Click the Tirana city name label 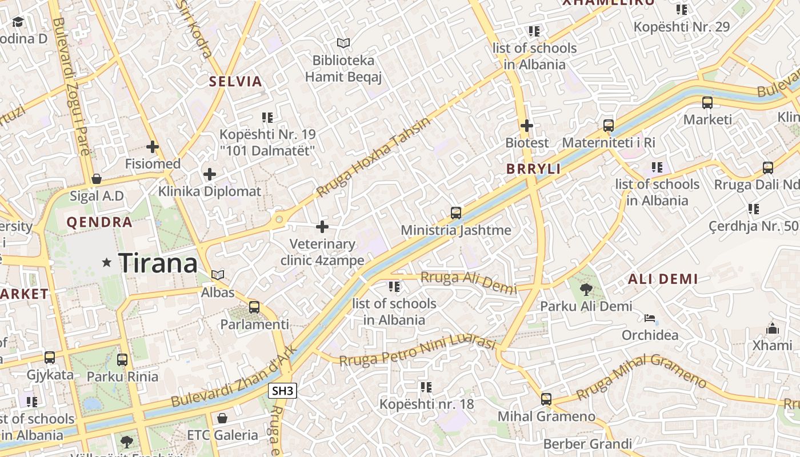tap(158, 263)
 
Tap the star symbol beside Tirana tap(106, 263)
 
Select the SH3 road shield tap(283, 391)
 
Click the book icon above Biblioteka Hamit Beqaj tap(343, 43)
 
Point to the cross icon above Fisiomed tap(153, 147)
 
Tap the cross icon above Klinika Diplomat tap(210, 174)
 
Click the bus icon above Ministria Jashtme tap(455, 213)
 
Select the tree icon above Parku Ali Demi tap(586, 289)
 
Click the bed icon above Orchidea tap(650, 318)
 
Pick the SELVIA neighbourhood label tap(235, 82)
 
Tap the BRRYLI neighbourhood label tap(533, 169)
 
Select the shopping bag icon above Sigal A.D tap(97, 179)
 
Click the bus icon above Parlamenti tap(254, 307)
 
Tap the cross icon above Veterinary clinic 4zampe tap(322, 227)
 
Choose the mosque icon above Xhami tap(772, 328)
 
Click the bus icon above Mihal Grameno tap(546, 399)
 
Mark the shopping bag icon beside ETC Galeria tap(222, 418)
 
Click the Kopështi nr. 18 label tap(427, 404)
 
